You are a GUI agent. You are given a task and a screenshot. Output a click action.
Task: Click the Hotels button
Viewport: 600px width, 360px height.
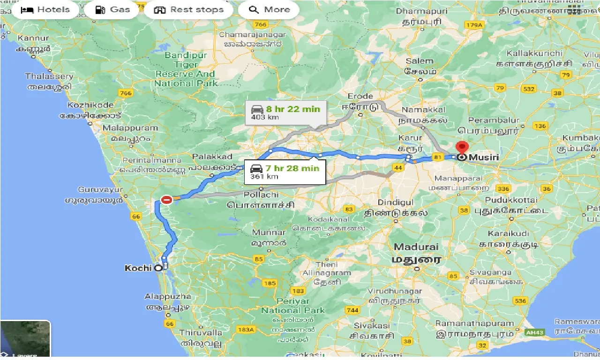[45, 10]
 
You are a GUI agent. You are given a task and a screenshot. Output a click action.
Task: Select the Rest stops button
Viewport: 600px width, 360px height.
[188, 10]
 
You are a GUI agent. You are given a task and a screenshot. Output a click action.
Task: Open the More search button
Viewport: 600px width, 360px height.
[269, 10]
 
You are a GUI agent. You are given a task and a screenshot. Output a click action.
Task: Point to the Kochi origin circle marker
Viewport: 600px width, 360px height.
[158, 268]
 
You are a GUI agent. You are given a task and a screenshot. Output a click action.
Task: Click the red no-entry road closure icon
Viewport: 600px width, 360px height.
[166, 200]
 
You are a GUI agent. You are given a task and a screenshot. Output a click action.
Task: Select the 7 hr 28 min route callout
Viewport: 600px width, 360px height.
[285, 172]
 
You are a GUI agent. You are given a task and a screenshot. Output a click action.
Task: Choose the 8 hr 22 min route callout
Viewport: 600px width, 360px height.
[285, 112]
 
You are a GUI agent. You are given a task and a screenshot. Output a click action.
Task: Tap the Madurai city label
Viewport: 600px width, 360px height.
[416, 247]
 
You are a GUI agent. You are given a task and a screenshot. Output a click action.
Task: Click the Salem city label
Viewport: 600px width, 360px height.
[420, 61]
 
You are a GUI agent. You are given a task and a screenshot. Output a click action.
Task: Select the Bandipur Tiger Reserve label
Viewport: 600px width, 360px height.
[186, 69]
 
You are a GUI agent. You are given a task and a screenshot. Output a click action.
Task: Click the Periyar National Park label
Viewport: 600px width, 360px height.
[293, 306]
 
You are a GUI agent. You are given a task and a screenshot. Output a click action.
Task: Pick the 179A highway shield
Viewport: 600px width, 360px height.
[473, 25]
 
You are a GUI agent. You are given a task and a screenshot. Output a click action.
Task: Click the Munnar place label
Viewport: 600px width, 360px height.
[269, 232]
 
